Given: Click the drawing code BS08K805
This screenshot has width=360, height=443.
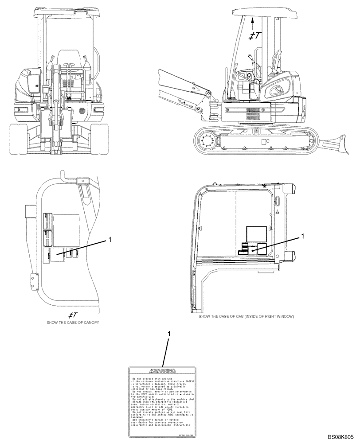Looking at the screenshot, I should click(x=341, y=436).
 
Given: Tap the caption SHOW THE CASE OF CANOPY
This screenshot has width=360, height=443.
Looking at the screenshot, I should click(x=72, y=323).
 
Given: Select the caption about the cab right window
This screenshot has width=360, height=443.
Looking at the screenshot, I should click(x=246, y=317).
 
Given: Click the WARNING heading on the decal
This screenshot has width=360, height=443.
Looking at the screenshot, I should click(x=162, y=370).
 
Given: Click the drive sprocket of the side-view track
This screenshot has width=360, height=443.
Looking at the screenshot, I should click(x=207, y=143).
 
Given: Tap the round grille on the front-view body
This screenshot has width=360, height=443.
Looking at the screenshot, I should click(x=82, y=109).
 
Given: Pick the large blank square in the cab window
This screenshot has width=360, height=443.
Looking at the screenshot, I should click(x=256, y=233).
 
